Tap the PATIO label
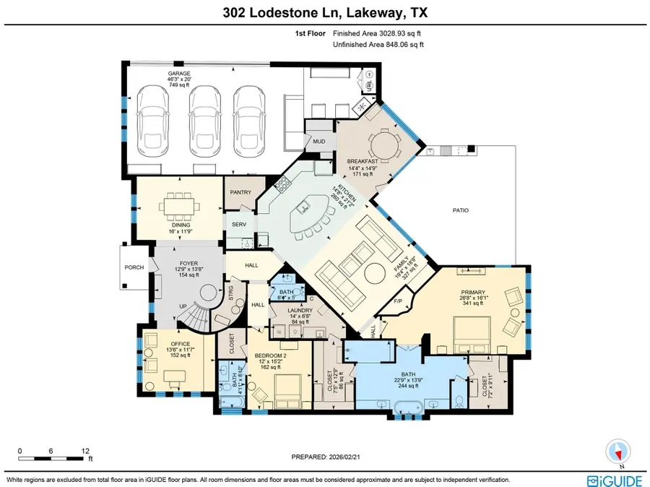pos(461,211)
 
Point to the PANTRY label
pos(240,193)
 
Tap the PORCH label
pos(135,267)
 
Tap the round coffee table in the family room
pos(375,273)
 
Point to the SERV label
pos(240,225)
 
